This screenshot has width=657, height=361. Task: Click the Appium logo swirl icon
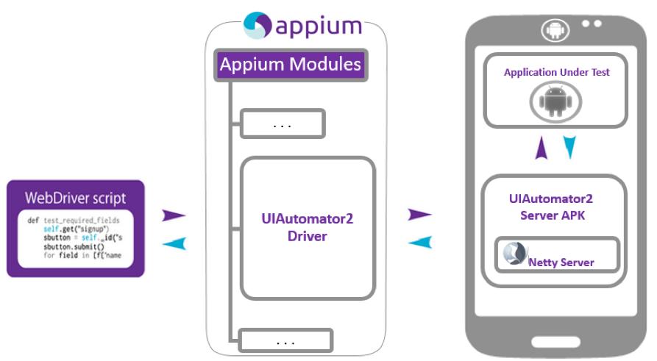tap(258, 25)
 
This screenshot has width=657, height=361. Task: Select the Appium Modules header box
tap(290, 65)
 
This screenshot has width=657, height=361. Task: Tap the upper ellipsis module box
tap(283, 124)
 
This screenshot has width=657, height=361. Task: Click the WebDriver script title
tap(76, 198)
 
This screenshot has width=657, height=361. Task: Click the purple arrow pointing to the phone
tap(419, 215)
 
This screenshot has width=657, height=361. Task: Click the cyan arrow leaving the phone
tap(419, 242)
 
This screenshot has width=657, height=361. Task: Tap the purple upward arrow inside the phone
tap(541, 149)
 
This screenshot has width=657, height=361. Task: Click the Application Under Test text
tap(556, 73)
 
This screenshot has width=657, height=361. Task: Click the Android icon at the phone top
tap(553, 30)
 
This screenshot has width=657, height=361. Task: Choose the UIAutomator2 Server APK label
tap(551, 206)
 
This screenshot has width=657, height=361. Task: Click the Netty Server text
tap(561, 262)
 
